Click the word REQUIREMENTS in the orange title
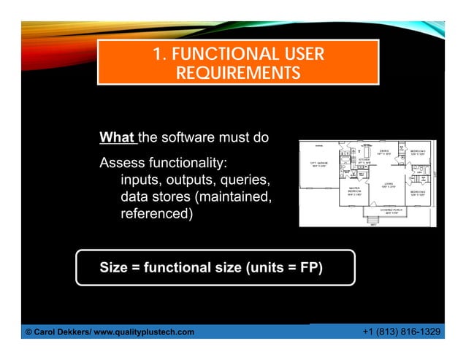pos(237,73)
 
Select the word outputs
pos(196,180)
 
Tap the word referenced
pos(156,215)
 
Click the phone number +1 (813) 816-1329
pos(401,332)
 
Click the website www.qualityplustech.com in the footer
pos(150,332)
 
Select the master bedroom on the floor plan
pos(356,192)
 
